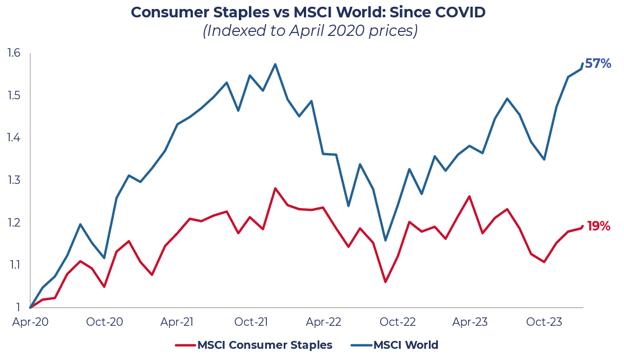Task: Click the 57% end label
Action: pyautogui.click(x=598, y=63)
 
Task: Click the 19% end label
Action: pyautogui.click(x=598, y=227)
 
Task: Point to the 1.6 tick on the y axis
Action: pyautogui.click(x=14, y=53)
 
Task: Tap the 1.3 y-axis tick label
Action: pyautogui.click(x=14, y=180)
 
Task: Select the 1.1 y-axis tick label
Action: pyautogui.click(x=14, y=265)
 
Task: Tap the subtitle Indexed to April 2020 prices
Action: pyautogui.click(x=311, y=31)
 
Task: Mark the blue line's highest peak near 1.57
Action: pyautogui.click(x=275, y=64)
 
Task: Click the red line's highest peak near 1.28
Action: pyautogui.click(x=275, y=188)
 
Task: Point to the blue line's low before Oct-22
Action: pyautogui.click(x=385, y=241)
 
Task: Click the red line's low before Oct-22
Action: pyautogui.click(x=385, y=281)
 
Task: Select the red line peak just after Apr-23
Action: pyautogui.click(x=469, y=196)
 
